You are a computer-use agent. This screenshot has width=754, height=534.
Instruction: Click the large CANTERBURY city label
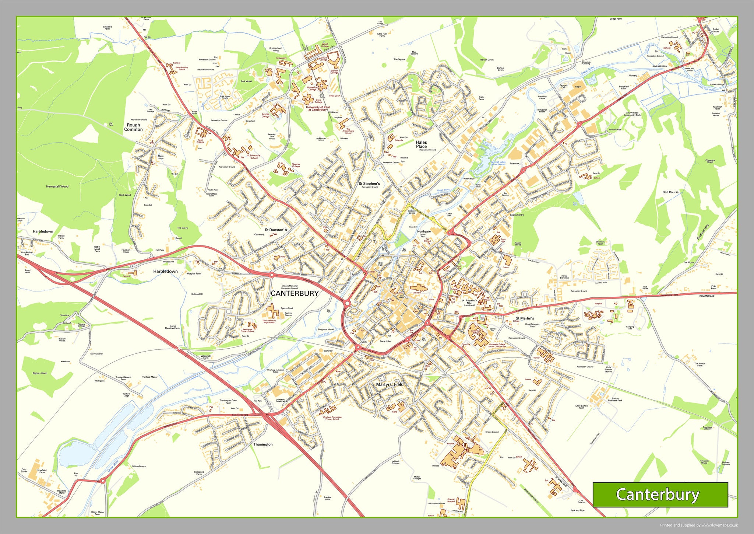pos(295,293)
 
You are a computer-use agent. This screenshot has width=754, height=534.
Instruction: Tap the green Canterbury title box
pos(660,495)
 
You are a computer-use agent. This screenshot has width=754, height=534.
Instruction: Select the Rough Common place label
pos(133,127)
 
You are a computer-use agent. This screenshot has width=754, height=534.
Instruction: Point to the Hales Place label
pos(421,144)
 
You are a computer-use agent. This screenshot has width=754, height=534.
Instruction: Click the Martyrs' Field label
pos(390,384)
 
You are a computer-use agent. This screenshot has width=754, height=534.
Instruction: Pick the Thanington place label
pos(263,444)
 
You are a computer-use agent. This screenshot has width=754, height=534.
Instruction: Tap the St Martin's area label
pos(525,318)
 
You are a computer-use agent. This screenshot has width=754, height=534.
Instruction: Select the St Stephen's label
pos(369,184)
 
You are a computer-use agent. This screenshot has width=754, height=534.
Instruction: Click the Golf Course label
pos(670,192)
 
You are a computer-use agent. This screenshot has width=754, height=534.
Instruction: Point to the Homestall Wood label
pos(57,186)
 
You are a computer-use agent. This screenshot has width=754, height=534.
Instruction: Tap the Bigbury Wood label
pos(40,373)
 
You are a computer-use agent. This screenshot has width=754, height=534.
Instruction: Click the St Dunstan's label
pos(276,230)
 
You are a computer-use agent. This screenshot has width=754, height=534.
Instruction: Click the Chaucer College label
pos(296,165)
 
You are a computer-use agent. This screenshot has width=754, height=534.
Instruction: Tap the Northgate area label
pos(424,231)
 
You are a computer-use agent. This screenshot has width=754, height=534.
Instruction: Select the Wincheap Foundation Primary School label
pos(332,418)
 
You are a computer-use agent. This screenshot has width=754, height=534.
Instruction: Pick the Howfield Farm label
pos(42,471)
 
